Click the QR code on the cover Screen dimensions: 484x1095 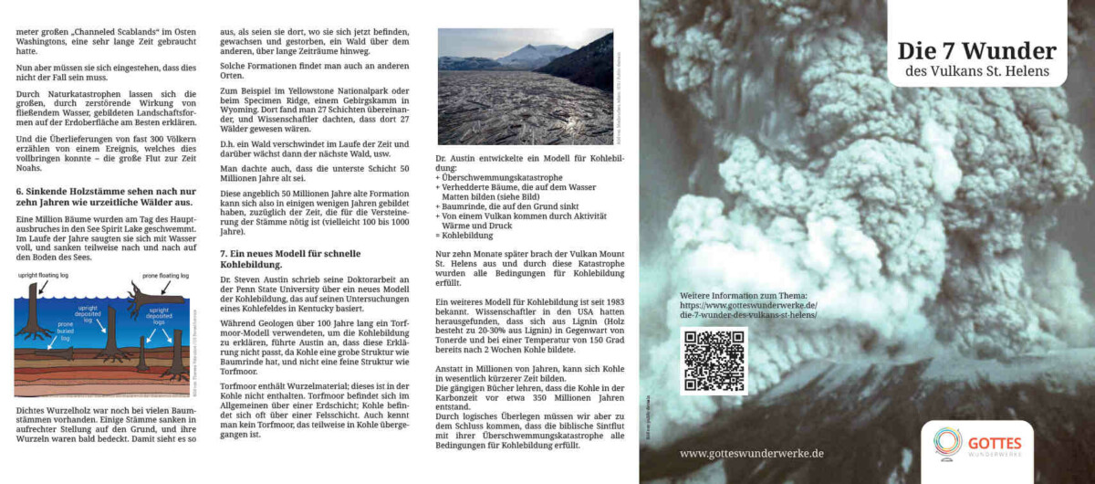point(713,361)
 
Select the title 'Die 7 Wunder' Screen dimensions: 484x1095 point(976,50)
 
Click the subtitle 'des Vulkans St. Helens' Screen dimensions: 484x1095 point(976,71)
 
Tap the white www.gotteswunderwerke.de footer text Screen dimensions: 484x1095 point(751,453)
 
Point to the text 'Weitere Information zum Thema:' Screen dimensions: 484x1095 point(744,296)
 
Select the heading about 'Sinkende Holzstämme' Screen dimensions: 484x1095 point(104,195)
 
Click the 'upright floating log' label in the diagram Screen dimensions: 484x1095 point(47,273)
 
